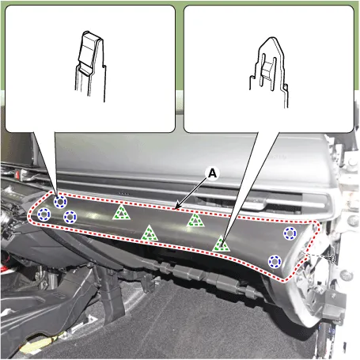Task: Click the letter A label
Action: pyautogui.click(x=212, y=173)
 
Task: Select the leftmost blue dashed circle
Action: pyautogui.click(x=44, y=214)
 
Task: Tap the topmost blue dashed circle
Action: pyautogui.click(x=60, y=202)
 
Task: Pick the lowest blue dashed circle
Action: pyautogui.click(x=275, y=261)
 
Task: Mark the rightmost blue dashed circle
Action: pyautogui.click(x=290, y=233)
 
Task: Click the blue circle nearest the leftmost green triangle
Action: pyautogui.click(x=70, y=217)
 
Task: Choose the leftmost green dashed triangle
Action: pyautogui.click(x=121, y=213)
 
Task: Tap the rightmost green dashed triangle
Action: pyautogui.click(x=221, y=244)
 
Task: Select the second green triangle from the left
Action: pyautogui.click(x=150, y=234)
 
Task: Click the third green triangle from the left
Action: pyautogui.click(x=195, y=221)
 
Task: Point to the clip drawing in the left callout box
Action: pyautogui.click(x=90, y=66)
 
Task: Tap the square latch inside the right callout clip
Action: pyautogui.click(x=267, y=70)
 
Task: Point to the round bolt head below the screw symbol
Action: pyautogui.click(x=346, y=275)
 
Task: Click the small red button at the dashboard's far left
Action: pyautogui.click(x=18, y=174)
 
